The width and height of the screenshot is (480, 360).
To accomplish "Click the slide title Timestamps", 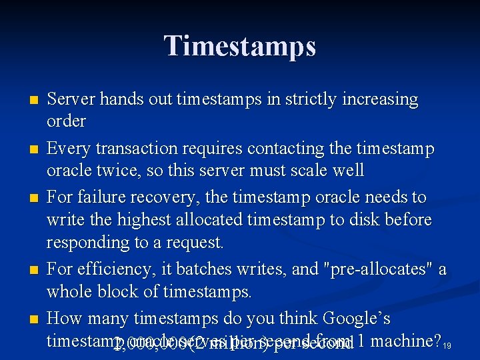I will pos(240,46).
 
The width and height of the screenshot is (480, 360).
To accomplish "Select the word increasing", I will pos(379,100).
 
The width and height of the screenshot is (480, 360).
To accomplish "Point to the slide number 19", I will pos(448,345).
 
